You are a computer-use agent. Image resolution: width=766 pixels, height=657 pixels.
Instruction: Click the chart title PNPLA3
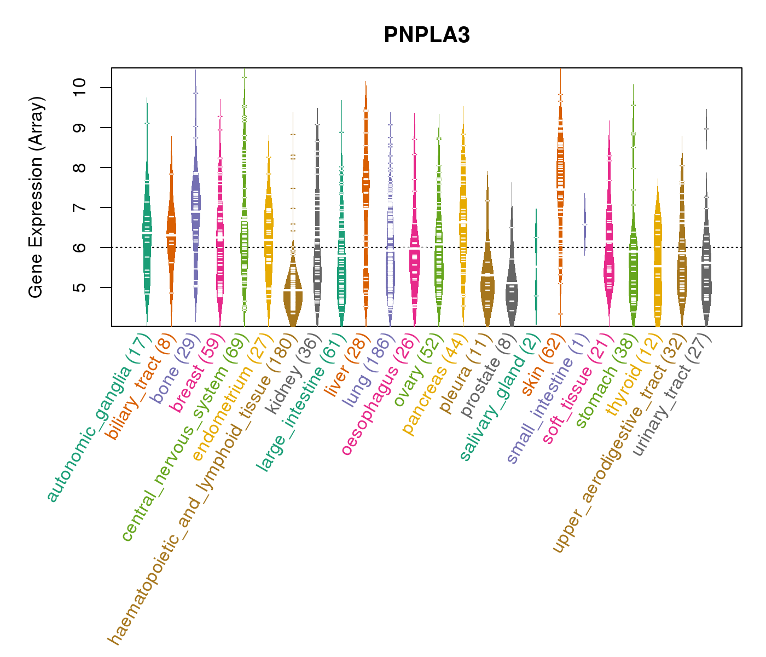427,35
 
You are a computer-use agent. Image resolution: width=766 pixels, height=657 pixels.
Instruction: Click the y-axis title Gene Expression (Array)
36,197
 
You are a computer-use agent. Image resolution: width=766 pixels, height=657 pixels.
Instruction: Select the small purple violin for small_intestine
585,224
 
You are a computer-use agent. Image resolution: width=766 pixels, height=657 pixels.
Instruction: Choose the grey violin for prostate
512,285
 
